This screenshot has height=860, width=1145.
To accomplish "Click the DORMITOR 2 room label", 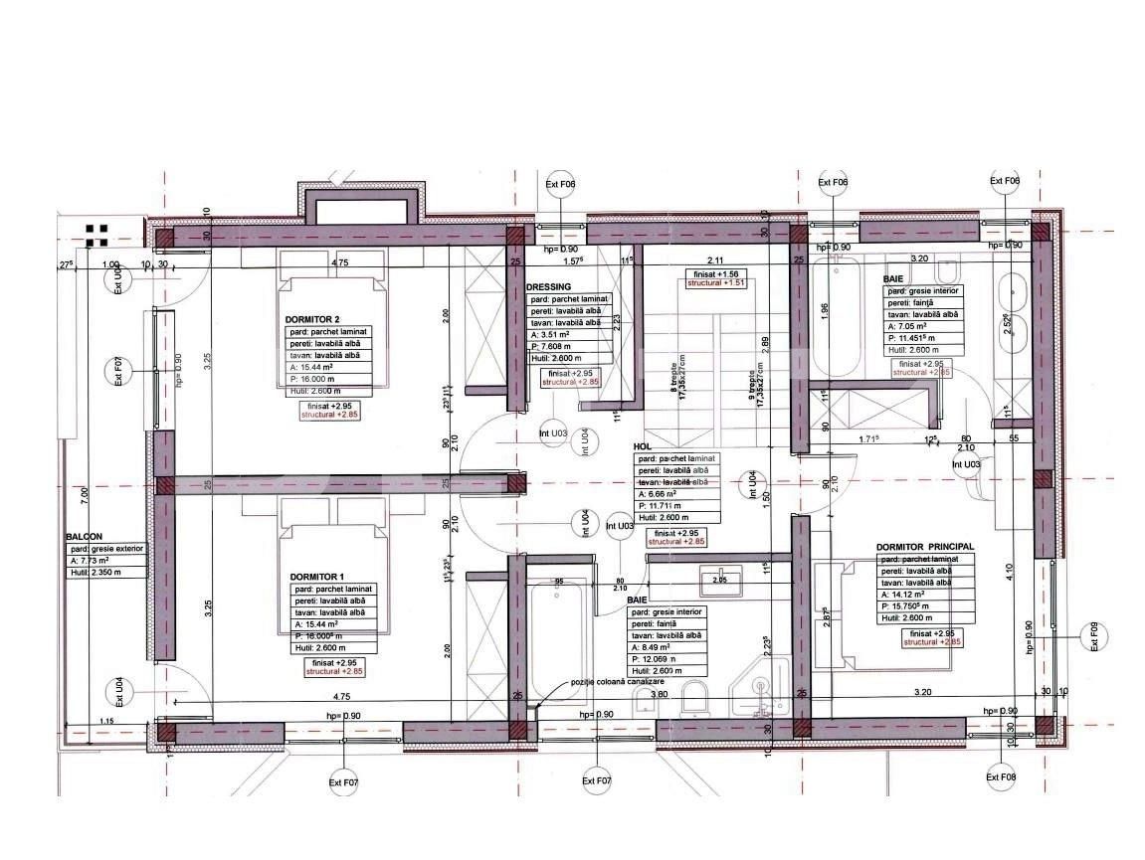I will coord(313,319).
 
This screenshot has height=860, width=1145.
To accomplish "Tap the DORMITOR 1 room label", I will coord(316,577).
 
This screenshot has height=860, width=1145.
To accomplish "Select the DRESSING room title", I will coord(549,286).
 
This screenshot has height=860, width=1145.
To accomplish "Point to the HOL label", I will coord(642,447).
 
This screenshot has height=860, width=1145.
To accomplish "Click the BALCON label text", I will coord(86,536).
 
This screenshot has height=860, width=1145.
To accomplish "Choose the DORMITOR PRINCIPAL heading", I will coord(924,547).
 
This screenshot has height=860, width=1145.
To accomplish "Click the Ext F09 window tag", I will coord(1093,636).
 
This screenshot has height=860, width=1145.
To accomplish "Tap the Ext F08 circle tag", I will coord(1002,777).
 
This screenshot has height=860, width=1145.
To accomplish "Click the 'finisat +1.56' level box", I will coord(716,273).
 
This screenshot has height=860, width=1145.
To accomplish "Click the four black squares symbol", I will coord(96,235).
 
